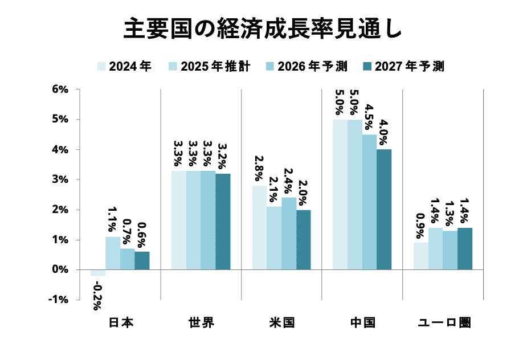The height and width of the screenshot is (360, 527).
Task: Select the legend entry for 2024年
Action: pos(124,67)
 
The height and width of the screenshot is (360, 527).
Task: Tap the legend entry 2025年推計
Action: pos(209,67)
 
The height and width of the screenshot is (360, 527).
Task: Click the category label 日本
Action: pos(120,323)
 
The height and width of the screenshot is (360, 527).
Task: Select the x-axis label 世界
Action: pos(201,323)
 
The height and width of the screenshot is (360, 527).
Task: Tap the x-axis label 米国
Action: pos(282,323)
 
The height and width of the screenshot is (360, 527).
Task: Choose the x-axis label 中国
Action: pos(362,323)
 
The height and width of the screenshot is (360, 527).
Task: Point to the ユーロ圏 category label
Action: pos(443,323)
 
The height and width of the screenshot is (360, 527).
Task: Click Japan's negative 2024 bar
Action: pos(98,273)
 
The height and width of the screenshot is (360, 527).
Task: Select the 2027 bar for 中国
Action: pos(384,209)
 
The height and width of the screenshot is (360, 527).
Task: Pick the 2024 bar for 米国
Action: pos(260,227)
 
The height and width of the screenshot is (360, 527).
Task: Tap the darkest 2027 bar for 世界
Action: pos(223,221)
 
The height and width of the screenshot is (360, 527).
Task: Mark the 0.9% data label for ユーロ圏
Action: pos(421,226)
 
